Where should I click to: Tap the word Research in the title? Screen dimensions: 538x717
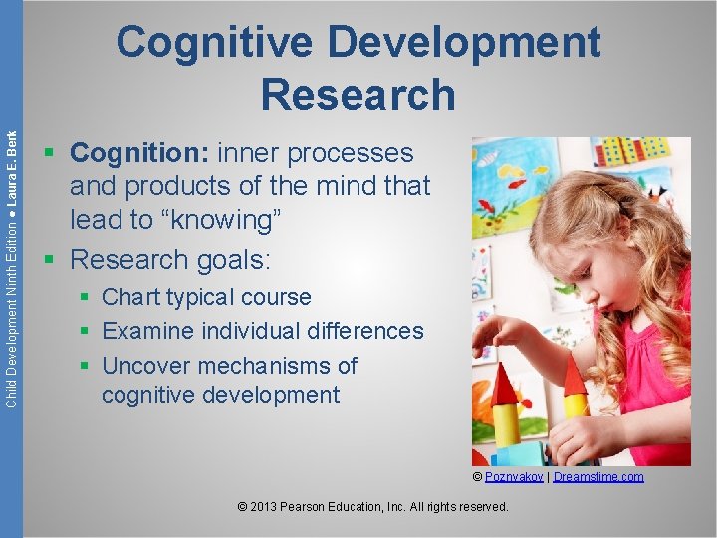[358, 94]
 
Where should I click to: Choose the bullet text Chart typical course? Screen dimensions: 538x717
[206, 297]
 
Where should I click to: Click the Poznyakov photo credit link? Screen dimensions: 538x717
[514, 477]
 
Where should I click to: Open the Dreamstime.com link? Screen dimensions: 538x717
[598, 477]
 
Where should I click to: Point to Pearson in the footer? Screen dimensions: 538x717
[318, 507]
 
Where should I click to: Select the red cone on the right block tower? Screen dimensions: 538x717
[575, 377]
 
